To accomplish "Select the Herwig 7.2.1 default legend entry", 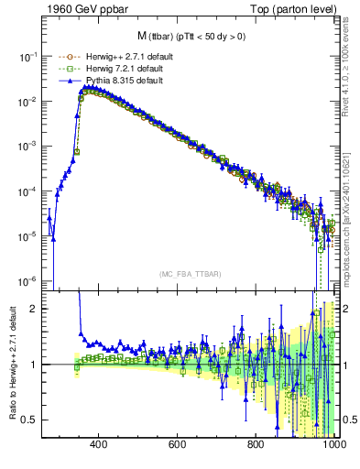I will coord(110,69).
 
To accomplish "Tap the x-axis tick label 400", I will coord(100,445).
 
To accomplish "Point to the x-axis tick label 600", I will coord(178,445).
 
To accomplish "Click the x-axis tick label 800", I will coord(256,445).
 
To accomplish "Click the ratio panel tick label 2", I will coord(35,309).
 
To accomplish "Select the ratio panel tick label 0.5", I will coord(30,420).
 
